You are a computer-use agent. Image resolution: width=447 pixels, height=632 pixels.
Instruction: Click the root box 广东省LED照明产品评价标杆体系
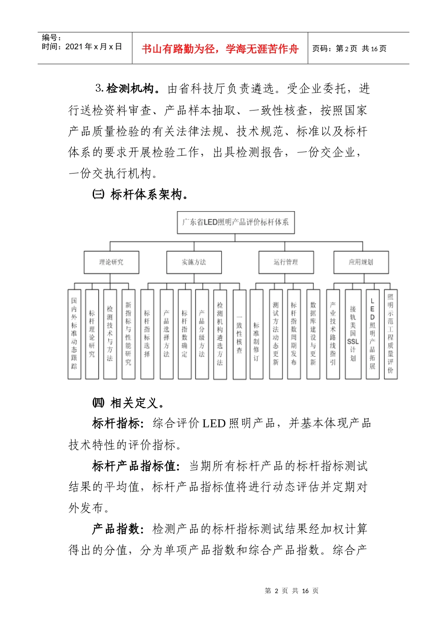[236, 222]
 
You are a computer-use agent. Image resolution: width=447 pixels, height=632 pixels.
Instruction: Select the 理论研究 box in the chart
[112, 262]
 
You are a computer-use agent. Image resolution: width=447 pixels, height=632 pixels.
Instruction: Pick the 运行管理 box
[286, 262]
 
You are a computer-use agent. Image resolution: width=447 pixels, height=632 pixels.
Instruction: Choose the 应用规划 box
[361, 262]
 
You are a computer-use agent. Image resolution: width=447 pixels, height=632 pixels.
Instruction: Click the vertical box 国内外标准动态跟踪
[74, 334]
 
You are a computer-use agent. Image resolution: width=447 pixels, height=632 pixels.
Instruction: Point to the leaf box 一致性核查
[239, 334]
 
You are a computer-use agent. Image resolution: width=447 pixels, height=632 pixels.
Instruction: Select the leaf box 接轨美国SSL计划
[353, 334]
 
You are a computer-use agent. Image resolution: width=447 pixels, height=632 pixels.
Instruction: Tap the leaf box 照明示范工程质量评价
[391, 334]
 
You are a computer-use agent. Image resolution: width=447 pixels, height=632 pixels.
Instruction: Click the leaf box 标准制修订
[256, 334]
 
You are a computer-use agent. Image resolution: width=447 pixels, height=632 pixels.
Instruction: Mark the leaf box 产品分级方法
[202, 334]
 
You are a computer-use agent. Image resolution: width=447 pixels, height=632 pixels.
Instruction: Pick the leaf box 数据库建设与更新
[313, 334]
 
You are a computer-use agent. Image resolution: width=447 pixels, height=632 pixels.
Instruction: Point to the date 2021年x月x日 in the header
[82, 47]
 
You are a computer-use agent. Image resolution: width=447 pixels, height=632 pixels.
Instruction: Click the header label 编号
[51, 38]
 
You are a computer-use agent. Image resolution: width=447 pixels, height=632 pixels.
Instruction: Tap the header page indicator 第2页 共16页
[350, 48]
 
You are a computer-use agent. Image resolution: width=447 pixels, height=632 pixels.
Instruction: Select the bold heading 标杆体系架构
[146, 194]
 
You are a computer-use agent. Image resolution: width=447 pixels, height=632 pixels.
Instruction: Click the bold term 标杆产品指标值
[136, 466]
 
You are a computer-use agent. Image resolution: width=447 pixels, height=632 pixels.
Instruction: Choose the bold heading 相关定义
[134, 403]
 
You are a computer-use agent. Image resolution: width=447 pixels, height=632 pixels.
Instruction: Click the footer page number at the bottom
[292, 591]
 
